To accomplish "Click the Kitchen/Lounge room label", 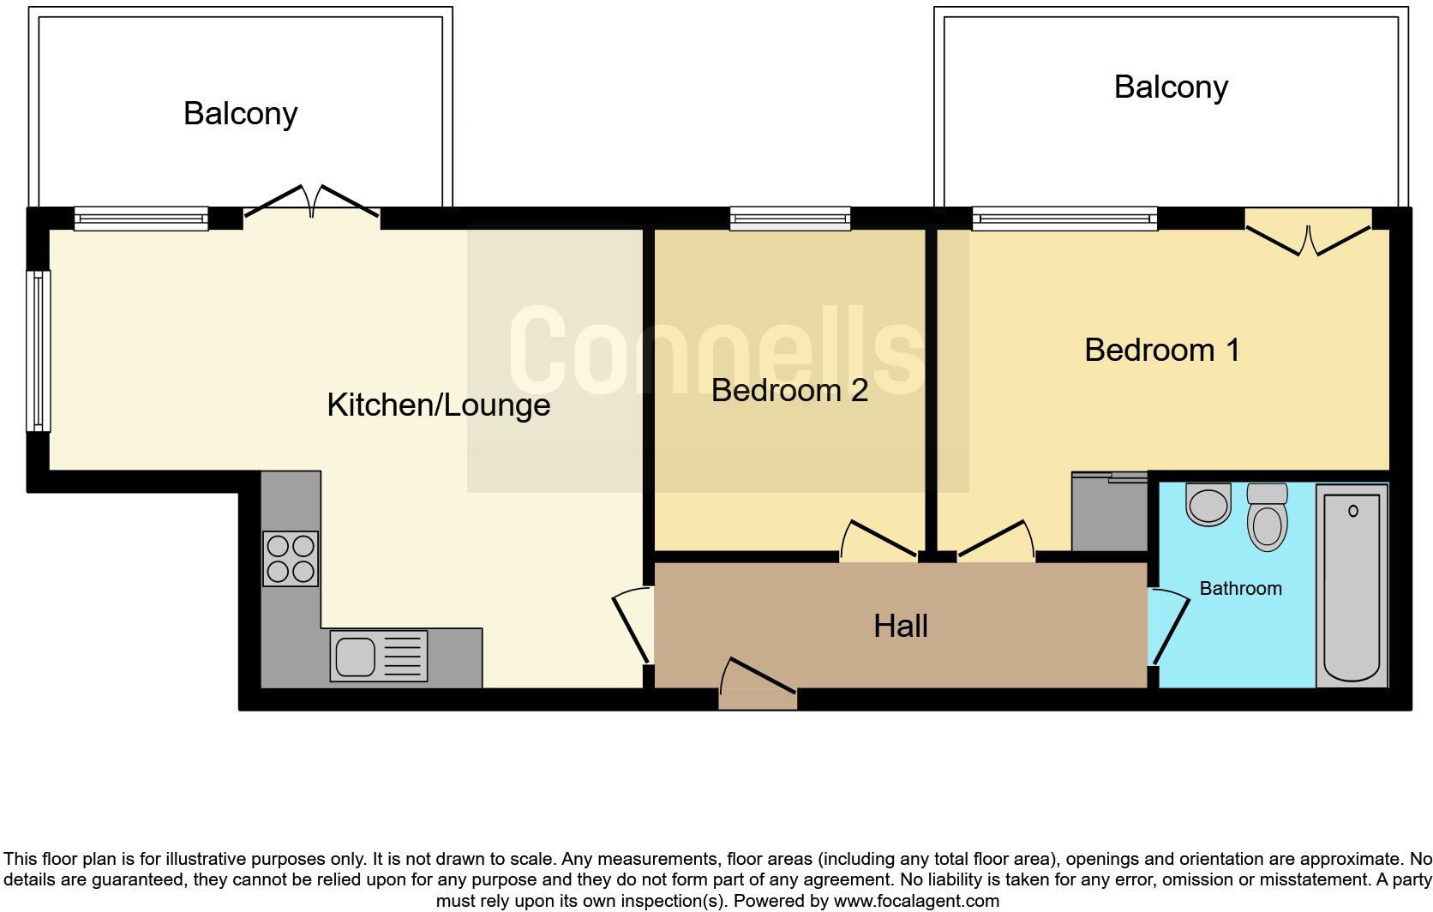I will (438, 405).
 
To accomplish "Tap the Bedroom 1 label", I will (1161, 350).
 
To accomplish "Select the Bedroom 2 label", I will (789, 390).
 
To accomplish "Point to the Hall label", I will (900, 626).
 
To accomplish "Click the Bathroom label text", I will (1240, 588).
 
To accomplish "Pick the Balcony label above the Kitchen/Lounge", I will (240, 113).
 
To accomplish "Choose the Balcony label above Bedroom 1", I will (1171, 87).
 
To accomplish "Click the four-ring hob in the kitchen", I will (291, 558).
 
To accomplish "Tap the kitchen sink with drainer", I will (379, 657).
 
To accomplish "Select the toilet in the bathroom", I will (1268, 518).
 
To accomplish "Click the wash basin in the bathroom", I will (1208, 504).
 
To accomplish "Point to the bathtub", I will (1352, 585).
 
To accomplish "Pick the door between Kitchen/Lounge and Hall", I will (633, 624).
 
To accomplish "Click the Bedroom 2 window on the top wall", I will (790, 219).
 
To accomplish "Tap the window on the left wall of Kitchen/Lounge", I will (39, 351).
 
